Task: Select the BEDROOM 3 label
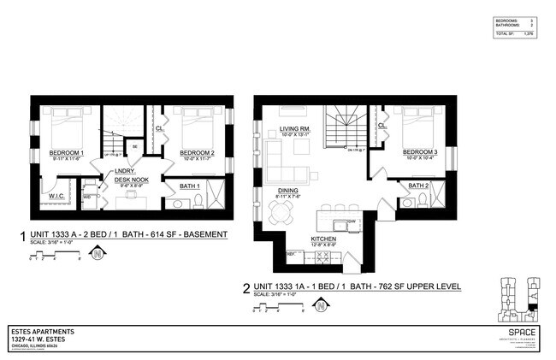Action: tap(422, 151)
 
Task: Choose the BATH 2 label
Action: tap(418, 186)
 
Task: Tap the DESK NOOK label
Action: tap(132, 180)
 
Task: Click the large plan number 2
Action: tap(246, 288)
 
